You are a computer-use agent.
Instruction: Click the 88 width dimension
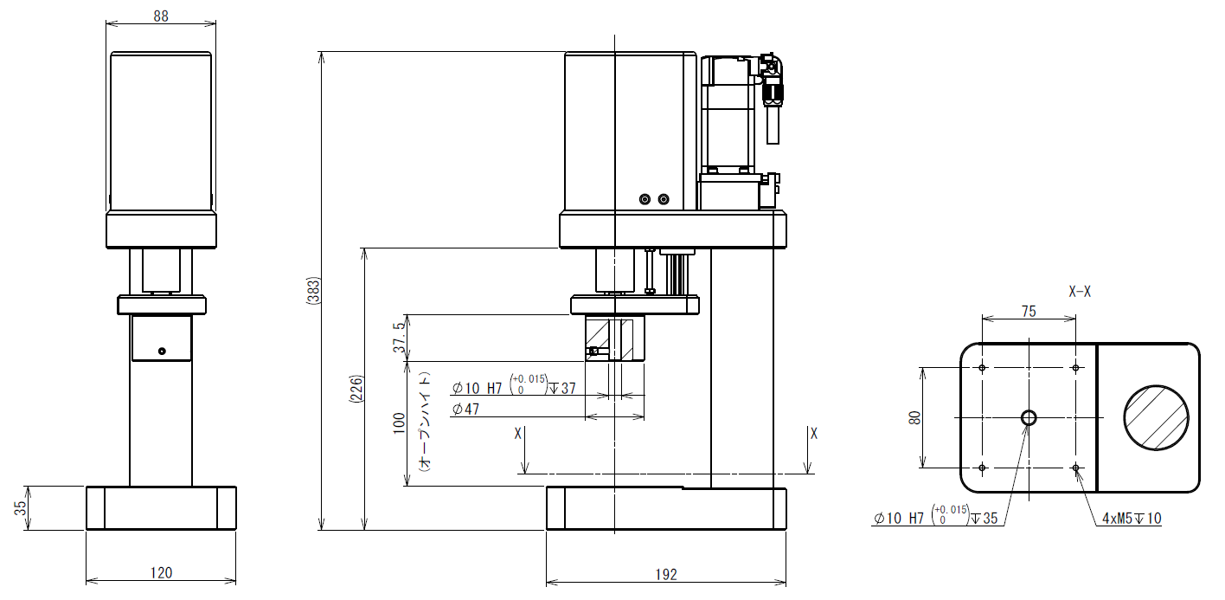click(x=161, y=16)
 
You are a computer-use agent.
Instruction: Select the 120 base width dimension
click(x=161, y=572)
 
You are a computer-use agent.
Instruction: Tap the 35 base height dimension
click(x=20, y=508)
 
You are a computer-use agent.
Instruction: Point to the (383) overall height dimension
click(x=313, y=291)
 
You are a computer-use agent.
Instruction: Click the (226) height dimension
click(x=356, y=389)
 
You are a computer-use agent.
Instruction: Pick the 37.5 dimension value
click(x=400, y=337)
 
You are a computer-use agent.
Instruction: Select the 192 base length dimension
click(x=666, y=574)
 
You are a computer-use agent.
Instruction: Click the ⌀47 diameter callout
click(x=465, y=409)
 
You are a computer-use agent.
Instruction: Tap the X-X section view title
click(x=1080, y=292)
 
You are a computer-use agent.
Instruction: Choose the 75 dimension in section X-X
click(x=1029, y=312)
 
